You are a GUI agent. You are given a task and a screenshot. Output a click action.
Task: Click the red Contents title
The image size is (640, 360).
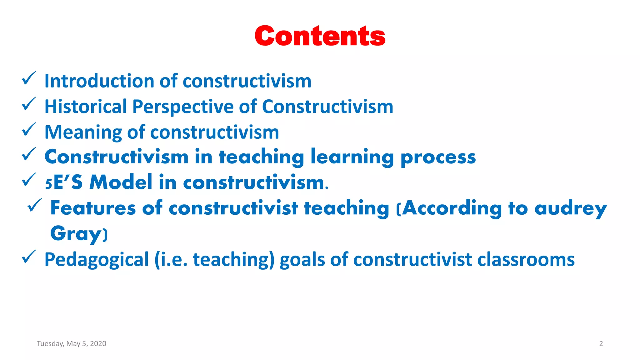tap(320, 36)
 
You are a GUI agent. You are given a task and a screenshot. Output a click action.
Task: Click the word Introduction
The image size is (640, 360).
tap(99, 81)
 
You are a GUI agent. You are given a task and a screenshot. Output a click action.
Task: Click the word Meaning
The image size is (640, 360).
tap(83, 132)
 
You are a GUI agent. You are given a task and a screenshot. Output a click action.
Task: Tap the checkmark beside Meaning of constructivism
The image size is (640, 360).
tap(29, 130)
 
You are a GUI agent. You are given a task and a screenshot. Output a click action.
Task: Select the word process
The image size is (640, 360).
tap(438, 157)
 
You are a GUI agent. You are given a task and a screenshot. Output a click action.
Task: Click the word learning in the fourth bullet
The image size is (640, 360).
tap(352, 157)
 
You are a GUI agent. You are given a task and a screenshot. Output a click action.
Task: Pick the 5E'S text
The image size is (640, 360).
tap(64, 182)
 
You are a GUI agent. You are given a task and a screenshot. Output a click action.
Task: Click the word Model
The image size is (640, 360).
tap(121, 182)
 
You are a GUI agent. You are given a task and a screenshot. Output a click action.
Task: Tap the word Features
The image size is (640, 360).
tap(93, 208)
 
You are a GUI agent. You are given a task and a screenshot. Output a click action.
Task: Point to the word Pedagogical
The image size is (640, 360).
tap(97, 260)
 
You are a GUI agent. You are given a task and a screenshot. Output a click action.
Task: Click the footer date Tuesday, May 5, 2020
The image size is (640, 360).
tap(72, 343)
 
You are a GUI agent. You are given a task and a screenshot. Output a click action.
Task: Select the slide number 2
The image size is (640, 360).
tap(601, 343)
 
